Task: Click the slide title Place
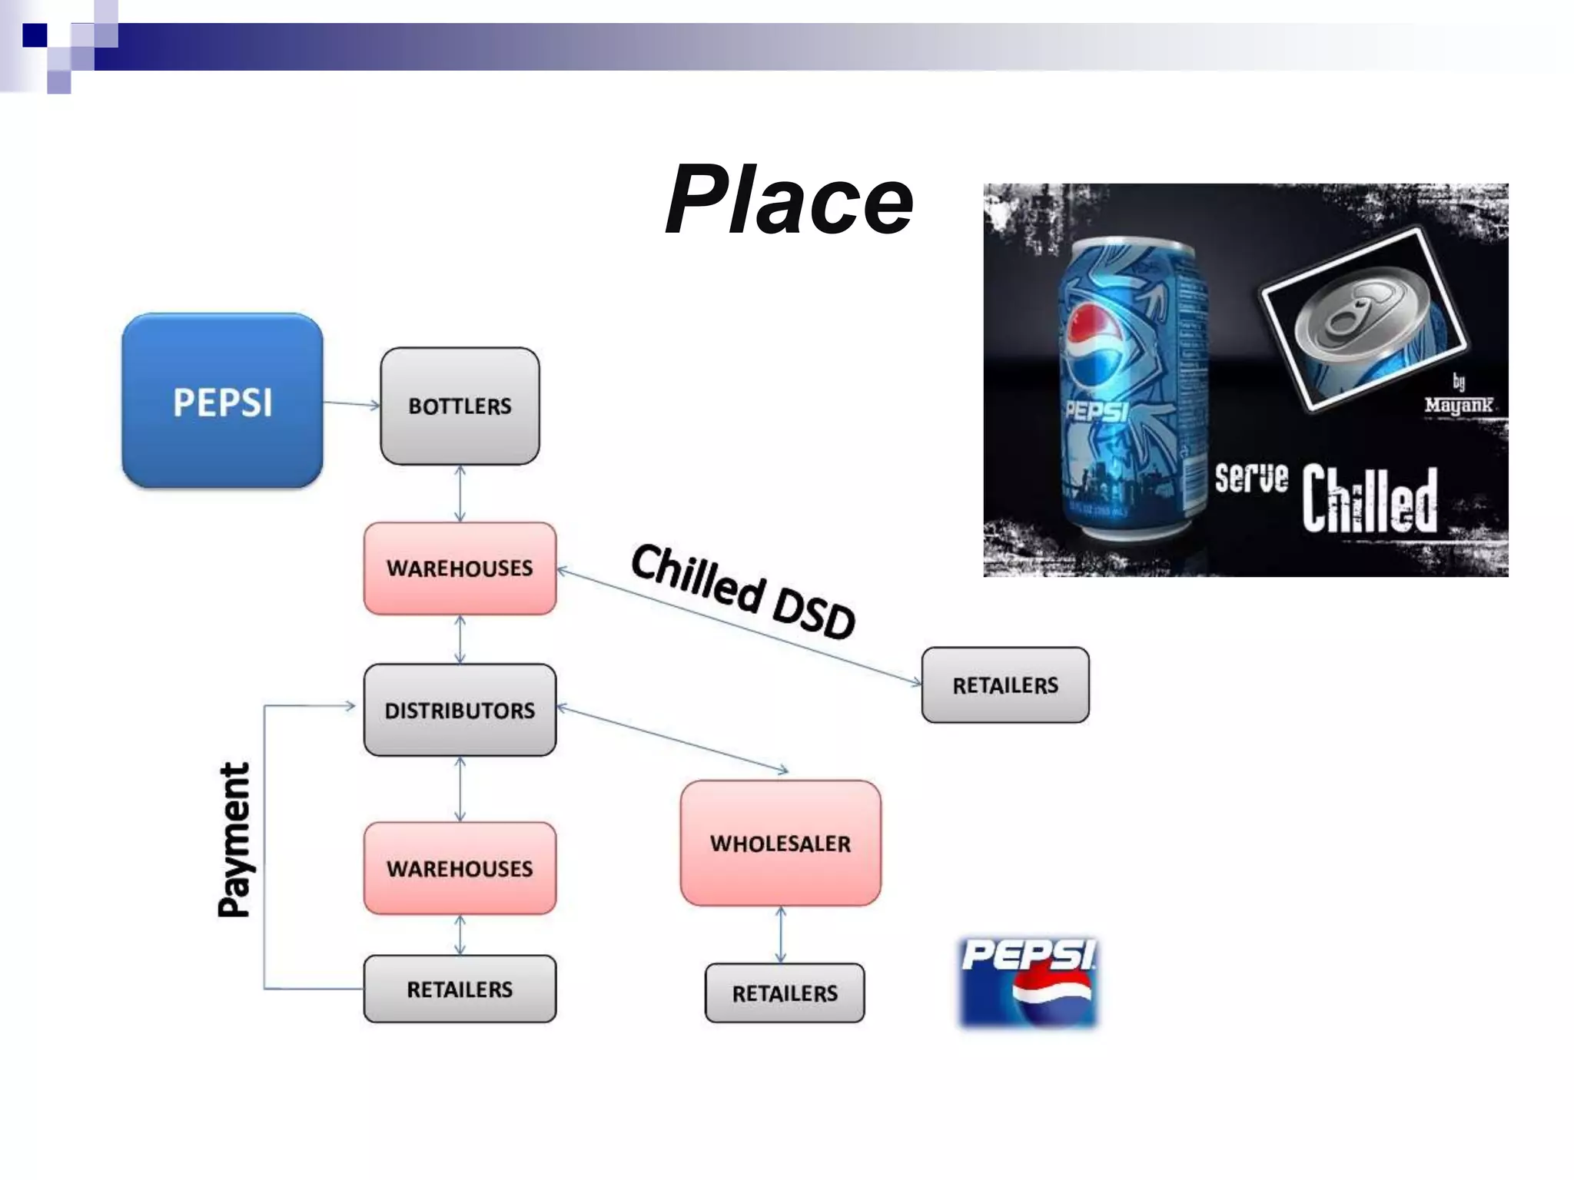pyautogui.click(x=789, y=201)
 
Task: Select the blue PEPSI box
pyautogui.click(x=222, y=401)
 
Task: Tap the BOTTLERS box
pyautogui.click(x=460, y=406)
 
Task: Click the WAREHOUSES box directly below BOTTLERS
pyautogui.click(x=460, y=568)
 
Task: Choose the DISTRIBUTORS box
pyautogui.click(x=460, y=710)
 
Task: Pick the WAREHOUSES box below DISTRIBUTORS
pyautogui.click(x=460, y=868)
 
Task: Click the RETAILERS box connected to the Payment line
pyautogui.click(x=460, y=989)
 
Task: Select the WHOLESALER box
pyautogui.click(x=780, y=844)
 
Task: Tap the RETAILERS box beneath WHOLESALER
pyautogui.click(x=785, y=993)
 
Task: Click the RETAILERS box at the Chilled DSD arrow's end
pyautogui.click(x=1005, y=684)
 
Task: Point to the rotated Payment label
pyautogui.click(x=234, y=840)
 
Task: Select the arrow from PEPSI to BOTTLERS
pyautogui.click(x=351, y=403)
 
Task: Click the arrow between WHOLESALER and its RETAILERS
pyautogui.click(x=781, y=934)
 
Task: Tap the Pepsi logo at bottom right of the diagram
pyautogui.click(x=1028, y=982)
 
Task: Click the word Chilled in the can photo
pyautogui.click(x=1369, y=499)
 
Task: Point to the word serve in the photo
pyautogui.click(x=1250, y=478)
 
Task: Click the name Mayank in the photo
pyautogui.click(x=1458, y=405)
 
